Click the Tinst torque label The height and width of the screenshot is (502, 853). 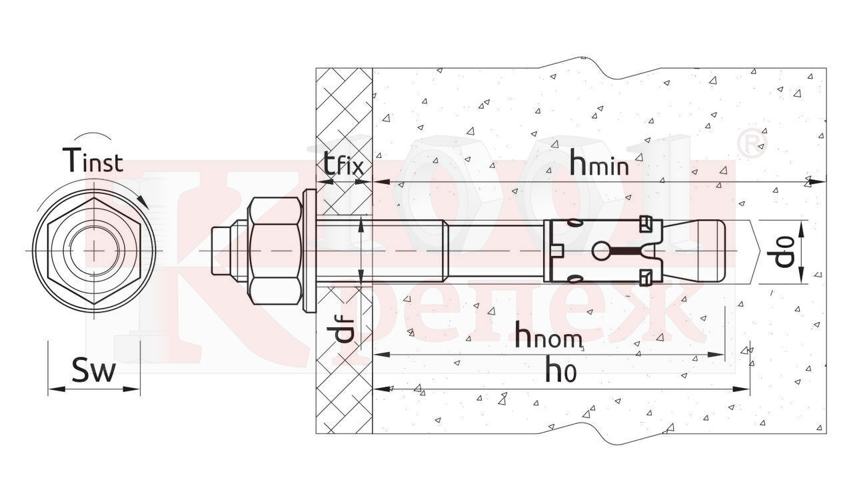93,159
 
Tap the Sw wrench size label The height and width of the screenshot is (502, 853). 93,371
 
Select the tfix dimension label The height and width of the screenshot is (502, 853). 343,164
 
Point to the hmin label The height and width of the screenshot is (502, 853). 598,165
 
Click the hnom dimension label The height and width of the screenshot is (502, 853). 548,336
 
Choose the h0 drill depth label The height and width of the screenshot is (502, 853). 560,369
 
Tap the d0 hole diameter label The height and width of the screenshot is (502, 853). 784,251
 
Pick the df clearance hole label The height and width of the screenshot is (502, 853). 344,329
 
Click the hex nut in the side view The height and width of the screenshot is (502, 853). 273,251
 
